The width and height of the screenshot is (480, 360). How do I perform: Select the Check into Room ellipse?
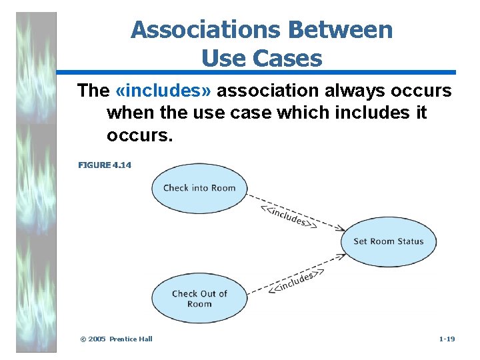point(199,187)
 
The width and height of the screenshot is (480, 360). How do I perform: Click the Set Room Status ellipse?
point(389,241)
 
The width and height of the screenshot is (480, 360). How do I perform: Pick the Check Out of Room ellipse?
point(199,299)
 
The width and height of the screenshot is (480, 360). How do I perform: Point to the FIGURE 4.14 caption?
point(105,165)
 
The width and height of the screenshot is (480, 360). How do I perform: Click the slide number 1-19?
point(447,339)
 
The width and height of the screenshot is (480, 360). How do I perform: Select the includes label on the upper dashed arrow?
point(287,216)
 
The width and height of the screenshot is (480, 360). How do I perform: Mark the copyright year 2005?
point(97,339)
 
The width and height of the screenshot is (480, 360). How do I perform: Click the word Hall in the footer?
point(146,339)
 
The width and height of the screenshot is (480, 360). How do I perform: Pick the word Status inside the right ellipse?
point(409,241)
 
